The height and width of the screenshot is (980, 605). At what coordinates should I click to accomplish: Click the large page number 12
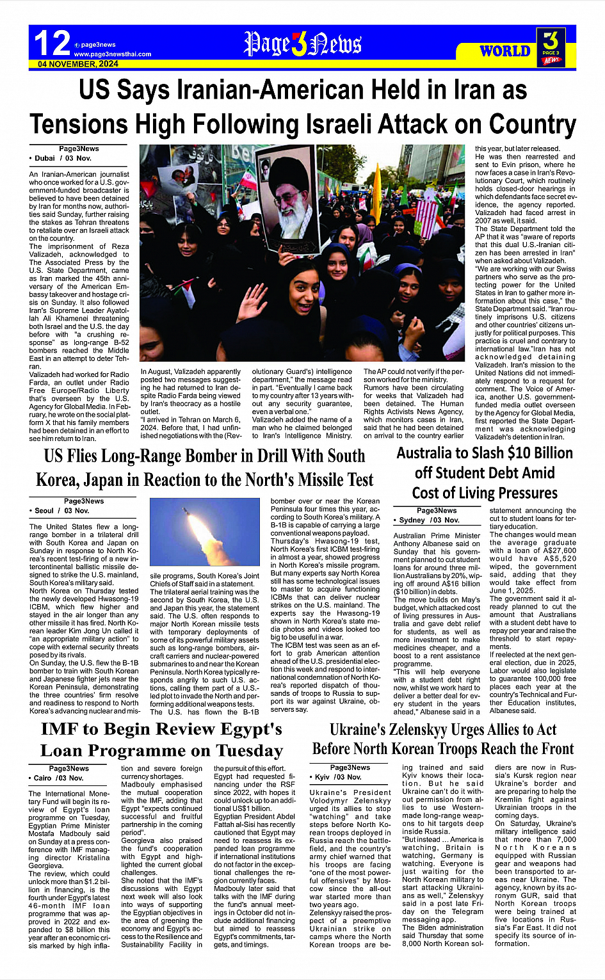(x=51, y=43)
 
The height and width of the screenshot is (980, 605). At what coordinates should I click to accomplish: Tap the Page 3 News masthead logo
(x=302, y=44)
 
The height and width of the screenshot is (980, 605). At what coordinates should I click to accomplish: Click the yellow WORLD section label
(x=505, y=51)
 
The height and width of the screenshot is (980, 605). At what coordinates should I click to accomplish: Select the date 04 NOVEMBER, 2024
(x=78, y=64)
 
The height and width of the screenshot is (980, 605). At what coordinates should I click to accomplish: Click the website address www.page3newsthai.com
(x=113, y=54)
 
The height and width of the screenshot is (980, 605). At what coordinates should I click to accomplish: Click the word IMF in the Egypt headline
(x=63, y=729)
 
